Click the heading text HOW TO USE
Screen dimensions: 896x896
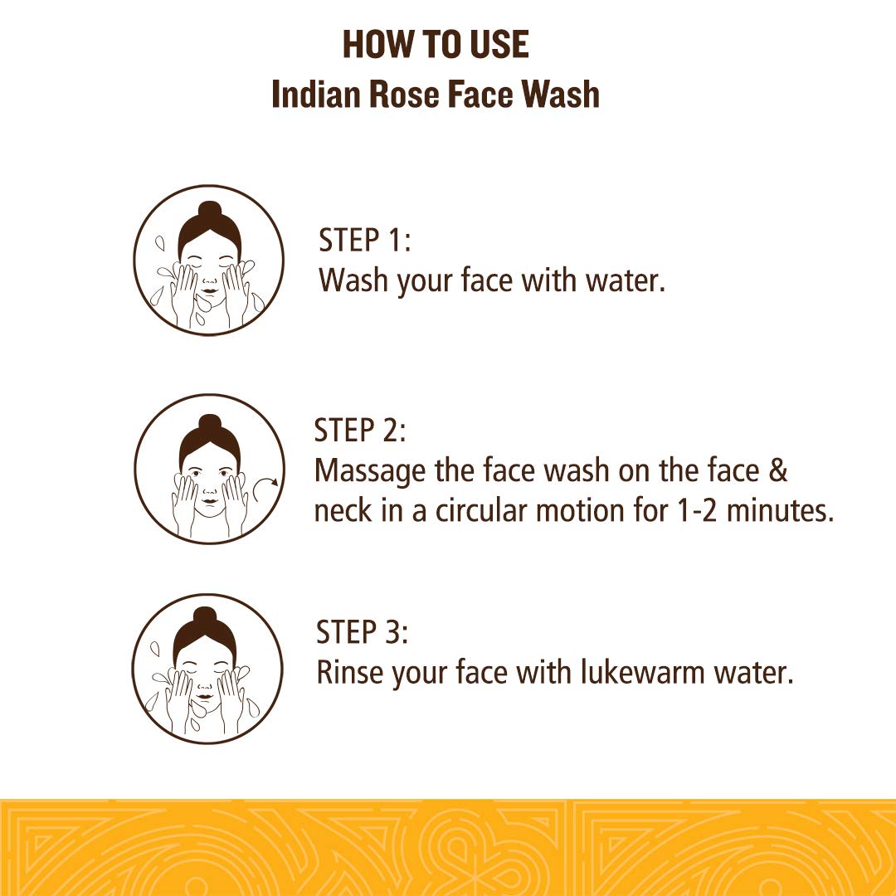tap(436, 44)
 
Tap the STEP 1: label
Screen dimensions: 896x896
tap(365, 240)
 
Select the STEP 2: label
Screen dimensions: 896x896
tap(360, 431)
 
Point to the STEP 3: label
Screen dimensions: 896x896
tap(363, 632)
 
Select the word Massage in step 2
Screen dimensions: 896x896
tap(370, 471)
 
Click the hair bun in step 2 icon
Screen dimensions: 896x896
tap(209, 423)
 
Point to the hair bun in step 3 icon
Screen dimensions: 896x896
tap(204, 617)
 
